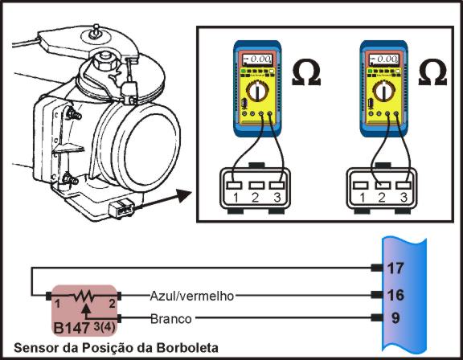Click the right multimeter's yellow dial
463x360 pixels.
(390, 93)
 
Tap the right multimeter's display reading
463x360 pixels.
(391, 59)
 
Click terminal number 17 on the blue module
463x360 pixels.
(395, 268)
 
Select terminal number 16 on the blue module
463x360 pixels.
(395, 295)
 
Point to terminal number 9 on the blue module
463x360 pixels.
(395, 318)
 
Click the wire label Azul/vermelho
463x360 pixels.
(191, 296)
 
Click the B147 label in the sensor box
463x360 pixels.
(70, 328)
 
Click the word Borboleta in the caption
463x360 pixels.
(196, 348)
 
